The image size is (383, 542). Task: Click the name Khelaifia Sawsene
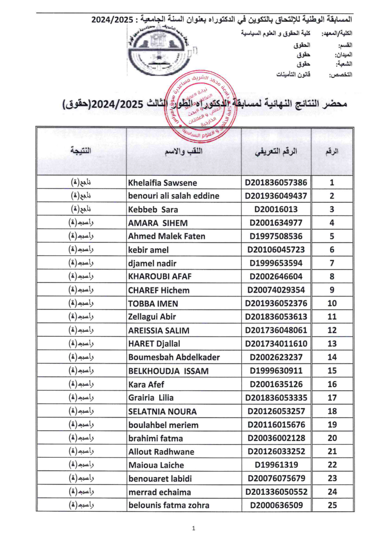click(x=162, y=183)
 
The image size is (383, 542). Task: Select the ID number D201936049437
click(x=276, y=196)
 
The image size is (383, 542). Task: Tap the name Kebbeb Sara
click(x=153, y=210)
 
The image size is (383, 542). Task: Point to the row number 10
click(x=332, y=304)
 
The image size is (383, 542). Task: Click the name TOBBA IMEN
click(x=153, y=304)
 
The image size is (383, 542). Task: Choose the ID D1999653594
click(x=276, y=264)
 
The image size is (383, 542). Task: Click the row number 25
click(x=332, y=505)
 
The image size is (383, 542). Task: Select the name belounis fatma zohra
click(x=169, y=505)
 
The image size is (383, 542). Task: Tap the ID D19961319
click(x=276, y=465)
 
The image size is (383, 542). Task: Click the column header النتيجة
click(x=80, y=151)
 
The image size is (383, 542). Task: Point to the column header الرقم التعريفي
click(x=276, y=151)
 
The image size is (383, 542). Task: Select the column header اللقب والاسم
click(x=184, y=151)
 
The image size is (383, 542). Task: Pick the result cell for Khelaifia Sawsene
click(x=81, y=183)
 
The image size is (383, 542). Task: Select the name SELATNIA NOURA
click(x=162, y=411)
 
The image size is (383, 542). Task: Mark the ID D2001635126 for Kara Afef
click(x=276, y=384)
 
